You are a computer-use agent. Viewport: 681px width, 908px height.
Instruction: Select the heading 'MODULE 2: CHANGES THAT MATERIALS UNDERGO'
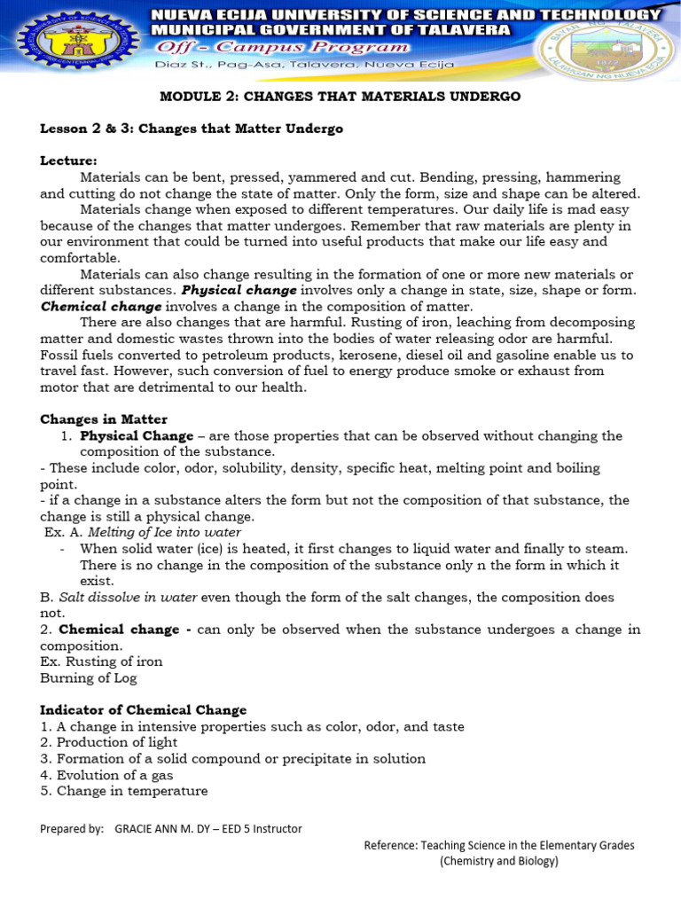(x=340, y=96)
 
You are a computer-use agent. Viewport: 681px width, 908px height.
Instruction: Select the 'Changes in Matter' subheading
(x=104, y=419)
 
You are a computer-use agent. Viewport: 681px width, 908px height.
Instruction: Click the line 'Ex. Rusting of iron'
(x=101, y=661)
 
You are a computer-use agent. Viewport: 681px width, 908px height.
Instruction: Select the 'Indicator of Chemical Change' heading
(x=144, y=710)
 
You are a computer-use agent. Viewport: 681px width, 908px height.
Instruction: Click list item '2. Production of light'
(x=109, y=742)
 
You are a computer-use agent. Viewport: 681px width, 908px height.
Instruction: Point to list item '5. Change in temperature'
(x=124, y=790)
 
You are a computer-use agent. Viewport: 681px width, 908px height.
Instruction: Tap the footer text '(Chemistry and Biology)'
(x=499, y=861)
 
